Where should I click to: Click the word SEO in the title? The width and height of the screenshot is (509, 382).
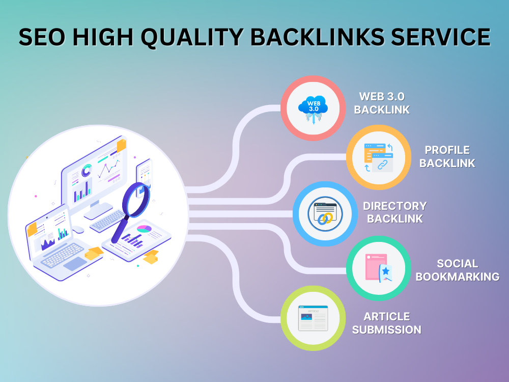pos(42,37)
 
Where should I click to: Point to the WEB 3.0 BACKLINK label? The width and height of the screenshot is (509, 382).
pos(382,103)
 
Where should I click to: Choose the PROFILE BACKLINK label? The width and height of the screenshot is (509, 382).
pos(447,156)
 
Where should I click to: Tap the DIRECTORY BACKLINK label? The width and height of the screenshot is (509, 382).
pos(395,212)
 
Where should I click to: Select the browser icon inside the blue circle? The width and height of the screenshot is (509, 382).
pos(325,213)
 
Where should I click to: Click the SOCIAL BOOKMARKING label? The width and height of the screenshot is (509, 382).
pos(458,270)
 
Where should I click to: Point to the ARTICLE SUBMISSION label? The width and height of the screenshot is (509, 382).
pos(387,323)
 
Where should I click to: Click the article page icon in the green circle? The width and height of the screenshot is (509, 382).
pos(313,318)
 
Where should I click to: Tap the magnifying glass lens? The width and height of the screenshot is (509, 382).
pos(136,199)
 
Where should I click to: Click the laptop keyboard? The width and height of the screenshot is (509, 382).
pos(62,255)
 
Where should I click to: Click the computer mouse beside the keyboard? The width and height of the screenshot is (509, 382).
pos(78,230)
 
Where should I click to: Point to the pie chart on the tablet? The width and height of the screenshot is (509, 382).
pos(144,229)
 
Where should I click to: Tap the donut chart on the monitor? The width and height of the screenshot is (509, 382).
pos(87,170)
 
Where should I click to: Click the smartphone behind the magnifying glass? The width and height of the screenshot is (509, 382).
pos(144,175)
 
